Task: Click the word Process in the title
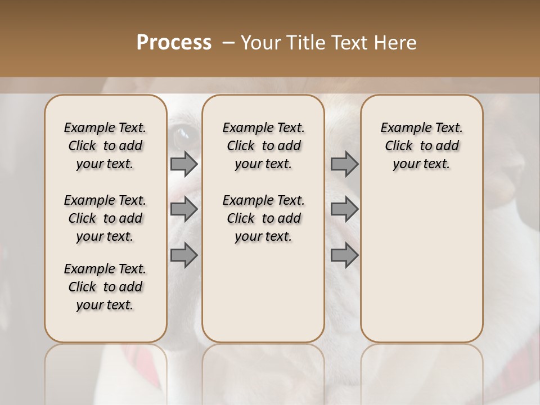174,43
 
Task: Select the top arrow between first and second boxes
184,164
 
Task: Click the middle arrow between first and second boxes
184,209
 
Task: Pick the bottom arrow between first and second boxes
184,256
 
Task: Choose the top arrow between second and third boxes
344,164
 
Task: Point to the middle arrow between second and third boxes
344,209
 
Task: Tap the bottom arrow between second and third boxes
344,256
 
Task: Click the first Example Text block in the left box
105,146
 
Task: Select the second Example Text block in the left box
105,218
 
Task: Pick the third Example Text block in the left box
105,287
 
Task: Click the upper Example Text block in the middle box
263,146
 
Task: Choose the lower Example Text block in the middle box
263,218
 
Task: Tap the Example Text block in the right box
422,146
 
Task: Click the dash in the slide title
228,43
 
